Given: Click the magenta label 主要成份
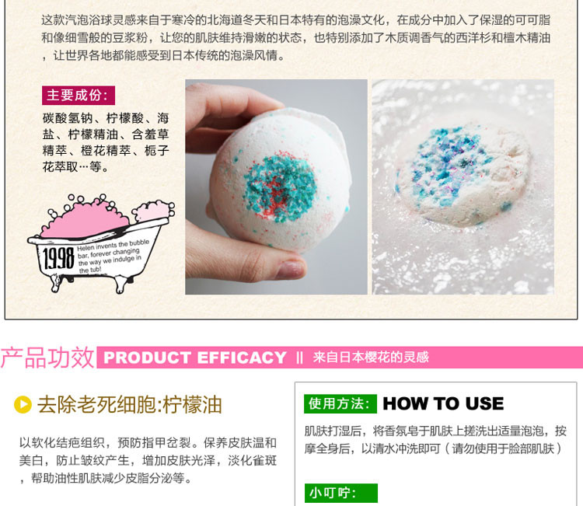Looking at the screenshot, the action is pyautogui.click(x=79, y=96).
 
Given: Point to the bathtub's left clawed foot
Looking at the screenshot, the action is pyautogui.click(x=57, y=283).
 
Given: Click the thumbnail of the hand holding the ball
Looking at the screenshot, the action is pyautogui.click(x=276, y=187).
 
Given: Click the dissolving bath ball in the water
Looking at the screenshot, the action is pyautogui.click(x=463, y=175).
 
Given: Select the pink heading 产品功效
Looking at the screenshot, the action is pyautogui.click(x=47, y=358).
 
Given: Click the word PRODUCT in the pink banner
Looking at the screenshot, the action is pyautogui.click(x=147, y=358).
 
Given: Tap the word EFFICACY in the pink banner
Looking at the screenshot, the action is pyautogui.click(x=242, y=358).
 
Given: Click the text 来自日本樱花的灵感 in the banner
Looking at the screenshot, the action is pyautogui.click(x=371, y=358).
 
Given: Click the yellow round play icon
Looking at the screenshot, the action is pyautogui.click(x=23, y=404).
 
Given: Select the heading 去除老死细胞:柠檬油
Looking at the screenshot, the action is pyautogui.click(x=129, y=404).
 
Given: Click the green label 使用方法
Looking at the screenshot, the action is pyautogui.click(x=340, y=403).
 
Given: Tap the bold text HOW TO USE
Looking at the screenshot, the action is pyautogui.click(x=443, y=403).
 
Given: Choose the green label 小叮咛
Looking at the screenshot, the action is pyautogui.click(x=341, y=493).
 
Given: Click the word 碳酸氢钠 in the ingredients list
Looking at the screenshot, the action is pyautogui.click(x=68, y=118).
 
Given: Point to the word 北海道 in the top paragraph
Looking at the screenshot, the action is pyautogui.click(x=224, y=20).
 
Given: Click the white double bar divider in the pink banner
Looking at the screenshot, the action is pyautogui.click(x=300, y=358).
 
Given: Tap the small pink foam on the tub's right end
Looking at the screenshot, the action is pyautogui.click(x=153, y=211).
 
